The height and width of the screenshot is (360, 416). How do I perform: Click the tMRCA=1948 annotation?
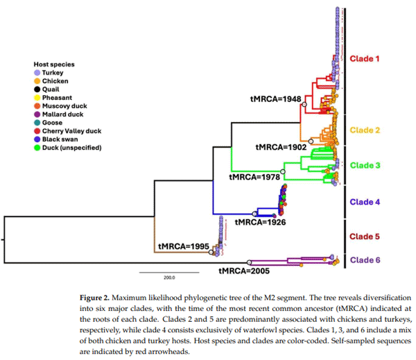point(275,99)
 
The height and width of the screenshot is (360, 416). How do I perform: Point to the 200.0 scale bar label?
point(168,277)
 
